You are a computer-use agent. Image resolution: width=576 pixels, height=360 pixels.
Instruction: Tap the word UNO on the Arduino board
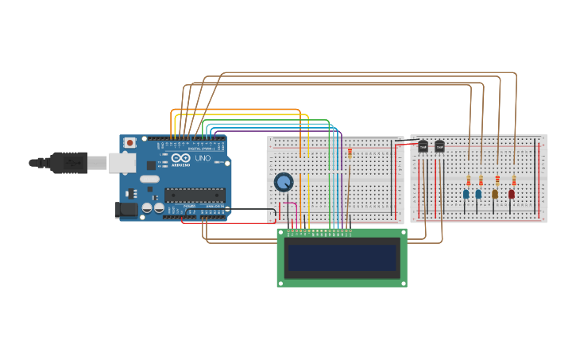199,159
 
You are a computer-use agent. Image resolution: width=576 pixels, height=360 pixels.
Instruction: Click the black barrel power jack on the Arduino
125,210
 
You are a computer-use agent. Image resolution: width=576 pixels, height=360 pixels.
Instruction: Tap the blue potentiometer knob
283,183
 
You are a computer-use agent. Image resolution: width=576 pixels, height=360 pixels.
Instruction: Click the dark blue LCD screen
342,257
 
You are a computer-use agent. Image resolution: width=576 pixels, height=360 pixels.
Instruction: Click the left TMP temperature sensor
423,146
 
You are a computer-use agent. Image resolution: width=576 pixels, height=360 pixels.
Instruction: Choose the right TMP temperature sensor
439,146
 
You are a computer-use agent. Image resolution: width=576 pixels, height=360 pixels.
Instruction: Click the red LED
512,194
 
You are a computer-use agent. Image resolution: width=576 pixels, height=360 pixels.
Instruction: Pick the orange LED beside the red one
495,194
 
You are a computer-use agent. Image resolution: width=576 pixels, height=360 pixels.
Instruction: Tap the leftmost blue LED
466,194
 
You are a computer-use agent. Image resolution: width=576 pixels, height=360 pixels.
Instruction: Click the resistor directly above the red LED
514,180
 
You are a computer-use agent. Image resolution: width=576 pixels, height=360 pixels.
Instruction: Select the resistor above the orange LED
497,180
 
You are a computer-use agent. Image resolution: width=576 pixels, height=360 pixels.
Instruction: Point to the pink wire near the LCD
296,211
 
